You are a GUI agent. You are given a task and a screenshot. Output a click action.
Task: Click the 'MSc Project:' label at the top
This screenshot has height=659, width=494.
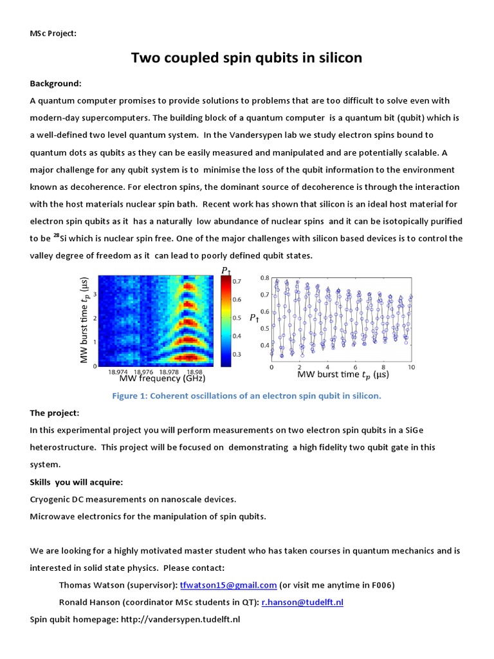(x=53, y=33)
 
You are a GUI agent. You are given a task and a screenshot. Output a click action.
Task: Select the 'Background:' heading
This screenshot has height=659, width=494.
(x=55, y=84)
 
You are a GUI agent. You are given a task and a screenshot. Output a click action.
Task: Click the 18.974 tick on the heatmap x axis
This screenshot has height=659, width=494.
(x=118, y=371)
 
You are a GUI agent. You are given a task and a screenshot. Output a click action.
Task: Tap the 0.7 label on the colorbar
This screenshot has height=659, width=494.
(x=237, y=281)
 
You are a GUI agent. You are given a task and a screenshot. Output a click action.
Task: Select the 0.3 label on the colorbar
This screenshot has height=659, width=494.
(x=237, y=354)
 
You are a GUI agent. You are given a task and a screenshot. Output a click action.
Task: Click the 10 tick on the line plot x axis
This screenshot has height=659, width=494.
(x=411, y=366)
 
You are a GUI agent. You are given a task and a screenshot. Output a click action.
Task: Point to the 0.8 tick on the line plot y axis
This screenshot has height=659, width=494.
(x=264, y=278)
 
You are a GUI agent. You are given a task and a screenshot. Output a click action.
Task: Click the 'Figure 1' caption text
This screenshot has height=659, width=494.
(x=246, y=396)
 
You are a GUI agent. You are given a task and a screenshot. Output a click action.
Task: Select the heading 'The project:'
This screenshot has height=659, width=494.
(x=55, y=413)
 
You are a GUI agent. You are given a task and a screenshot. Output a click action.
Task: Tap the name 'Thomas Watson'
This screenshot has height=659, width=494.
(x=89, y=585)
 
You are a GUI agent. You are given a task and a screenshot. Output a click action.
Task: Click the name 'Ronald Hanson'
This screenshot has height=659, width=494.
(x=89, y=602)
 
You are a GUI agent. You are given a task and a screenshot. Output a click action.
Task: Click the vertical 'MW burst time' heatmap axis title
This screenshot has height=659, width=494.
(x=85, y=320)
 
